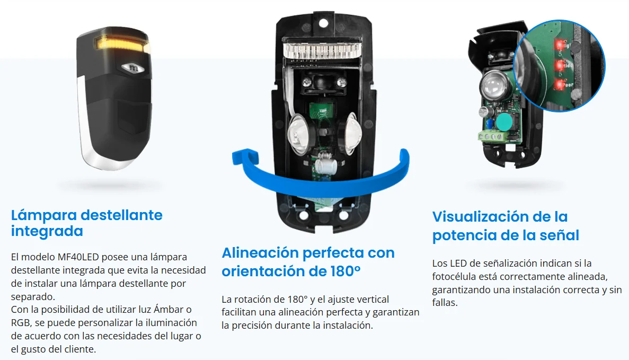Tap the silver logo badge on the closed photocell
133,68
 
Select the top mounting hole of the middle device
323,23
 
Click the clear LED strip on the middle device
323,50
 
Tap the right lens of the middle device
348,133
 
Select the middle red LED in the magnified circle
559,65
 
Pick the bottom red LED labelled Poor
559,84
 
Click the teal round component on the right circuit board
504,122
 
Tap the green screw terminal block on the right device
491,136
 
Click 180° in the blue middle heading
345,271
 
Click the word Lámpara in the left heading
44,215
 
